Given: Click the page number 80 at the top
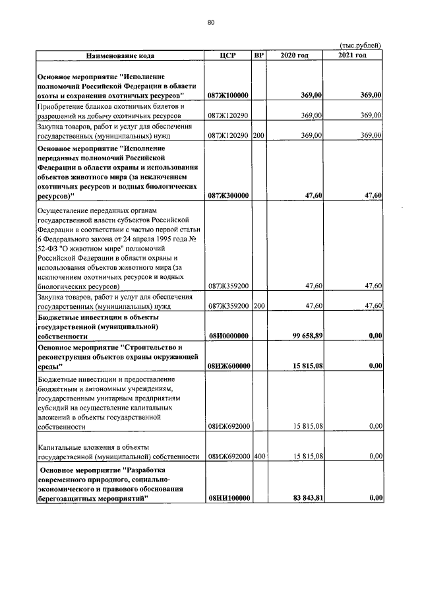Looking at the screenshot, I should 211,22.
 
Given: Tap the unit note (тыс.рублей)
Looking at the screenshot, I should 359,45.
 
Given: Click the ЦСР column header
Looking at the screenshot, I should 227,55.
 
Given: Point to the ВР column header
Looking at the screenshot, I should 258,55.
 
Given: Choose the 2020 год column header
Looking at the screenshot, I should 294,55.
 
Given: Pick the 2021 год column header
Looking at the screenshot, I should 352,55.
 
